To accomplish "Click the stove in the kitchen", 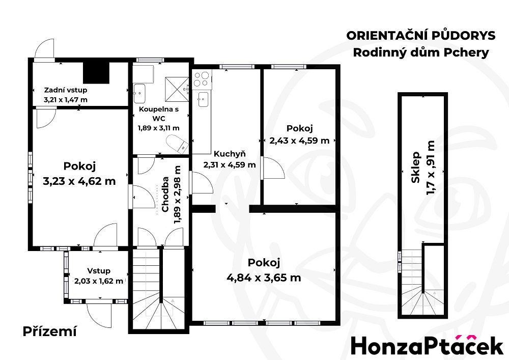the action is (x=202, y=79).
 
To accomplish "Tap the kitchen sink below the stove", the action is (x=203, y=99).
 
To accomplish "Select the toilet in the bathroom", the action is (x=177, y=144).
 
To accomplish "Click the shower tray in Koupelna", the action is (x=177, y=89).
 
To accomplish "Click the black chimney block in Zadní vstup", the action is (x=96, y=73).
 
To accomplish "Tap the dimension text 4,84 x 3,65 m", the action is (x=264, y=278).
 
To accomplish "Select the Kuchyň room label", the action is (x=230, y=154).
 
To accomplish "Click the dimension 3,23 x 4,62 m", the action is (x=79, y=181).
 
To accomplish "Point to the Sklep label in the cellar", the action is (x=416, y=167).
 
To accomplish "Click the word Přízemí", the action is (x=50, y=331).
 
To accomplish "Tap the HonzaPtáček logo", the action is (x=427, y=345).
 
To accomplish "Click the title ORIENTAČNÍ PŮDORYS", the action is (x=421, y=35).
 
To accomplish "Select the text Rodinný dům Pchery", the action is (x=421, y=52).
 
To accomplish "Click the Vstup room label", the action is (x=99, y=271).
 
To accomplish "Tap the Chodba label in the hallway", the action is (x=165, y=194).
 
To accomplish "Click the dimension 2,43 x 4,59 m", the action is (x=299, y=141).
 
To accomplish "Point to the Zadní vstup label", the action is (x=66, y=90).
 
